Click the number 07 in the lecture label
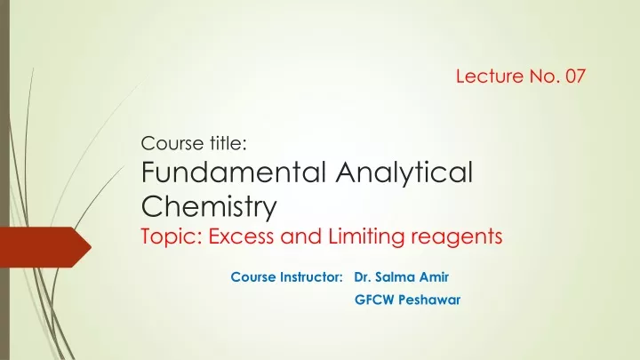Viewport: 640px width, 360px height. tap(575, 76)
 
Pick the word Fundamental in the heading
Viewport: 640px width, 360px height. tap(234, 172)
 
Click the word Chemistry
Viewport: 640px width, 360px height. tap(209, 208)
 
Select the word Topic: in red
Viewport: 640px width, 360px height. tap(172, 237)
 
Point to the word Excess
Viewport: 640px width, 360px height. tap(241, 236)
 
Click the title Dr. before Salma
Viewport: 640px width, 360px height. tap(362, 277)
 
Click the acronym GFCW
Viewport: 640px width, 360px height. tap(374, 300)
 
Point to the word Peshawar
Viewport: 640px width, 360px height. tap(429, 300)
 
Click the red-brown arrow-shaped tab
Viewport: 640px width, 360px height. tap(45, 247)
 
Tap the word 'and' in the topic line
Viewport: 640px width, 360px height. tap(300, 236)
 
